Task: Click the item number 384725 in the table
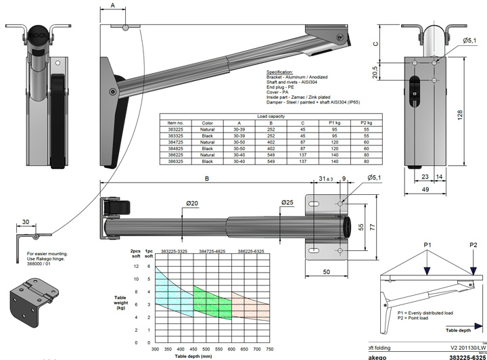tap(176, 142)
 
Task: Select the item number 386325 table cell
tap(176, 162)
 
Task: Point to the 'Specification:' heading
tap(279, 72)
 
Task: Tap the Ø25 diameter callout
tap(287, 202)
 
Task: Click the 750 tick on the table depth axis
tap(269, 349)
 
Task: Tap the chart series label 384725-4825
tap(212, 250)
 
